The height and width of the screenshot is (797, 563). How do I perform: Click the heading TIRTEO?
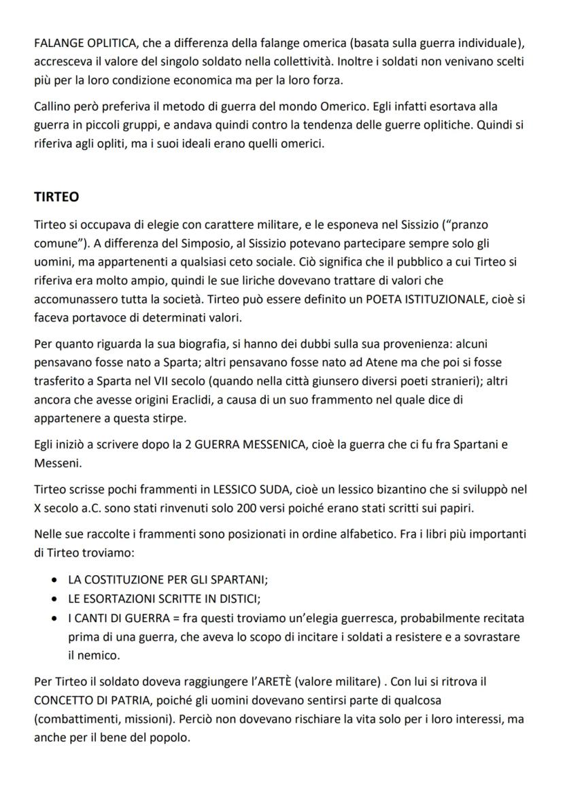(56, 197)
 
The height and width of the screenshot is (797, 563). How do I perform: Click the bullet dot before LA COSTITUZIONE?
(54, 581)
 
